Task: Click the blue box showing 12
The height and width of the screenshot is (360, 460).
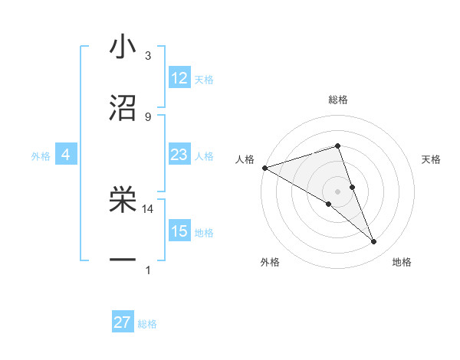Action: pyautogui.click(x=179, y=78)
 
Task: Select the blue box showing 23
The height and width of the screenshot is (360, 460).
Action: pyautogui.click(x=179, y=155)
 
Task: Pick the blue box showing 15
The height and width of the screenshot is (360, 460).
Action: pyautogui.click(x=179, y=231)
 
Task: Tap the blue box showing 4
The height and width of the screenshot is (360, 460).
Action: pyautogui.click(x=66, y=155)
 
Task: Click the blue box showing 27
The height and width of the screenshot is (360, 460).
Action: pyautogui.click(x=123, y=322)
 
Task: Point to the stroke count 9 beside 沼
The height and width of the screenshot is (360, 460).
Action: pyautogui.click(x=148, y=116)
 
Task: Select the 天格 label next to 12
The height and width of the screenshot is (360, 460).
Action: pyautogui.click(x=204, y=79)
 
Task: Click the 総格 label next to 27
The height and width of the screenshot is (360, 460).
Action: pyautogui.click(x=147, y=324)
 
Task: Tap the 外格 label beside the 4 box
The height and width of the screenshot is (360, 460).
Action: pyautogui.click(x=41, y=155)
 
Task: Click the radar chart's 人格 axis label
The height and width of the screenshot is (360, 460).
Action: pyautogui.click(x=245, y=159)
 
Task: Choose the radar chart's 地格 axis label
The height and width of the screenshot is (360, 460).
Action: pyautogui.click(x=402, y=262)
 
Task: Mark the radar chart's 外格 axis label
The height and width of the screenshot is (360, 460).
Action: pyautogui.click(x=270, y=262)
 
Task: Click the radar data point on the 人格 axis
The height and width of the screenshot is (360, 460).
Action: pyautogui.click(x=264, y=167)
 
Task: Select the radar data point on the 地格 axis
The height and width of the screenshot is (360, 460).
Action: pyautogui.click(x=374, y=242)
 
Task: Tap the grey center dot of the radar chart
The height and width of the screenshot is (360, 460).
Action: pyautogui.click(x=337, y=191)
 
